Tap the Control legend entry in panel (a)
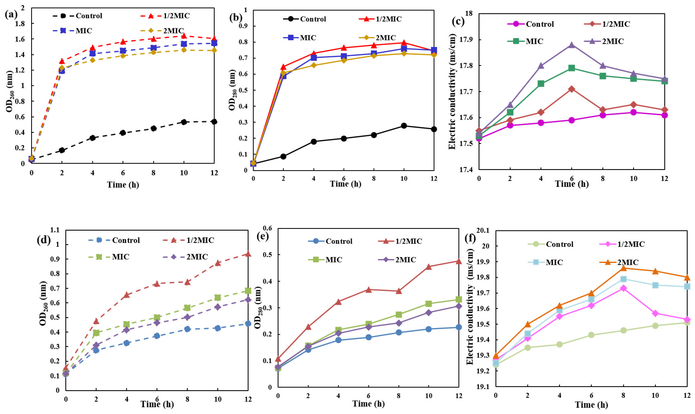click(x=89, y=16)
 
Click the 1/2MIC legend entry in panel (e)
click(x=408, y=241)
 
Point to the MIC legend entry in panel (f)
click(x=554, y=262)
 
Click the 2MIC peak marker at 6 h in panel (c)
click(x=572, y=45)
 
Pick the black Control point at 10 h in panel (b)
click(x=404, y=126)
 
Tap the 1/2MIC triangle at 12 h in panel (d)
click(x=248, y=254)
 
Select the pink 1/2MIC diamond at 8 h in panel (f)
click(x=623, y=288)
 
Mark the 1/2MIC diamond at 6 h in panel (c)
click(x=572, y=89)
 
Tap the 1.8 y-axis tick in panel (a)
click(x=21, y=24)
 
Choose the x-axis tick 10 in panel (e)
click(x=429, y=396)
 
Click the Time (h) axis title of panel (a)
click(x=123, y=185)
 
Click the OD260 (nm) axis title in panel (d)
click(x=43, y=303)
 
